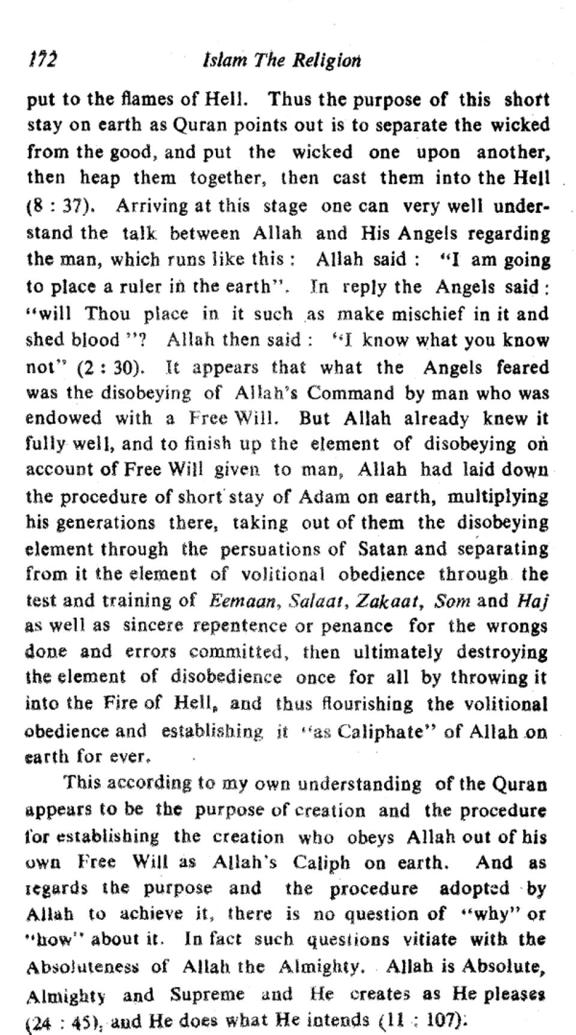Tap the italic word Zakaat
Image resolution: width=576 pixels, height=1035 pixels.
click(385, 600)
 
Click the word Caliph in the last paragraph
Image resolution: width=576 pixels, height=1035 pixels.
click(321, 862)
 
